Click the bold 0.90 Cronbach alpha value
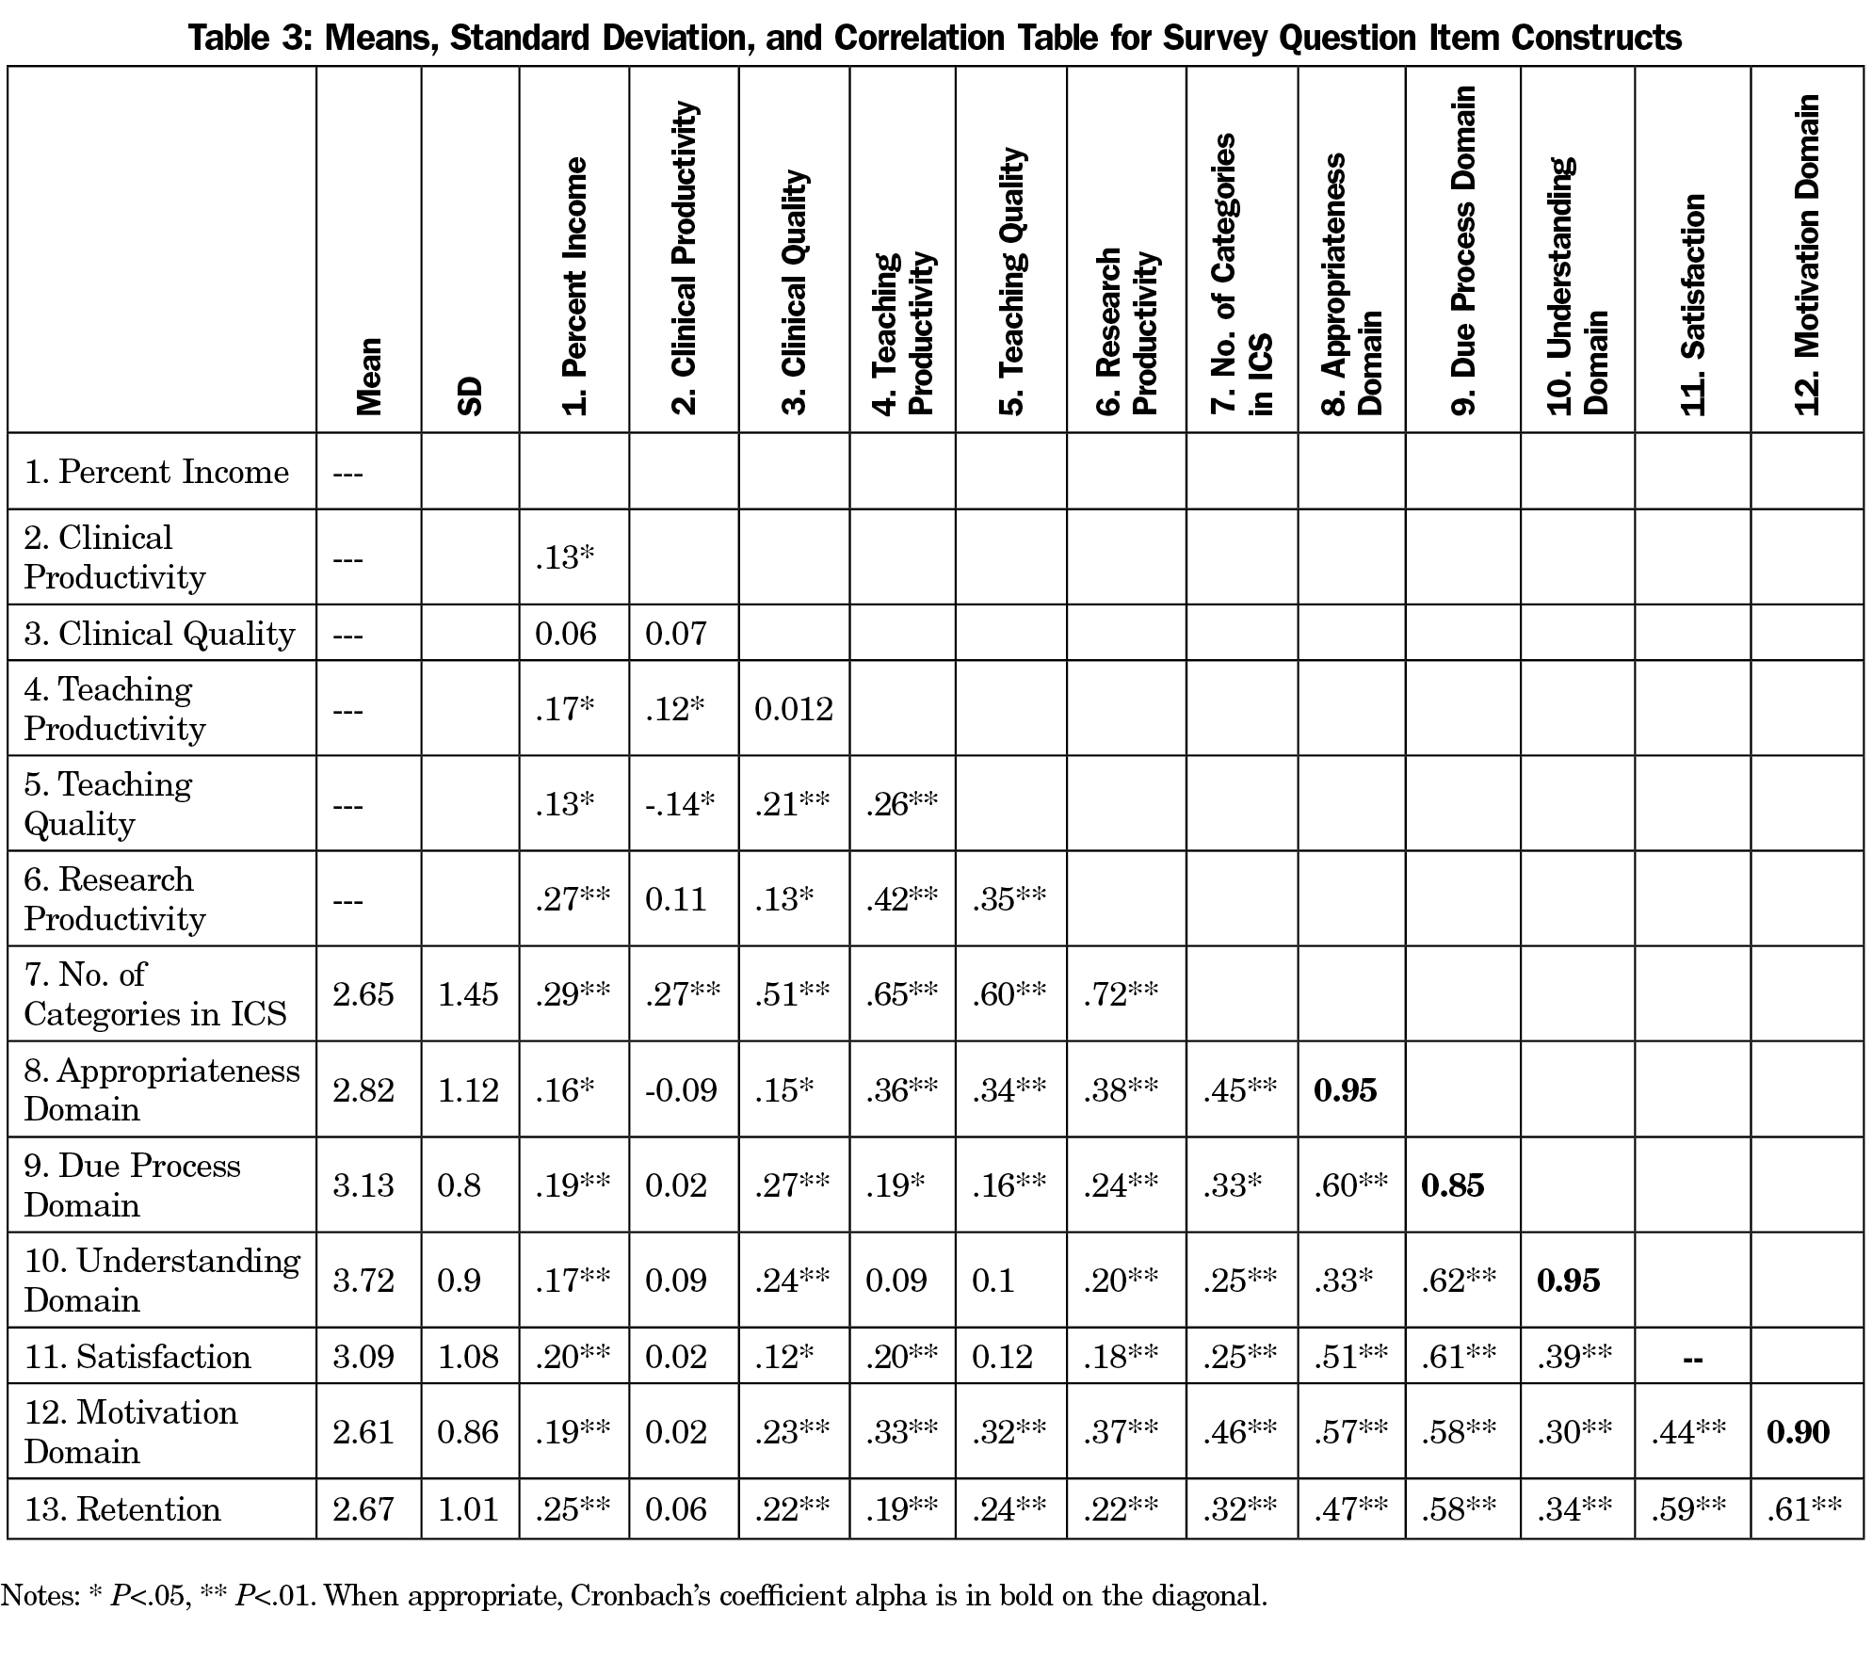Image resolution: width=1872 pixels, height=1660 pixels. [1798, 1432]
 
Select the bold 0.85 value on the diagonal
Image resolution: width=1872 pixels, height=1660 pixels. [1452, 1185]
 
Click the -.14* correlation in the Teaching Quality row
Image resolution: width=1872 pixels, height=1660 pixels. [680, 804]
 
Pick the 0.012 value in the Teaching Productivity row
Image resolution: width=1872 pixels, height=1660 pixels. [794, 709]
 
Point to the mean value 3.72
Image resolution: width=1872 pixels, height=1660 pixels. [363, 1281]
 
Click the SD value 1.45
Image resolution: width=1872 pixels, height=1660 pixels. [468, 994]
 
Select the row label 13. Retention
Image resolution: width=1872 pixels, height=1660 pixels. [122, 1509]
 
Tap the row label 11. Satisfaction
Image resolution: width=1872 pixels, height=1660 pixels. [137, 1357]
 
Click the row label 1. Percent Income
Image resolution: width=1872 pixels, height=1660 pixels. [156, 472]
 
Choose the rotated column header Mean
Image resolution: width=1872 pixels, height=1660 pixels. [368, 376]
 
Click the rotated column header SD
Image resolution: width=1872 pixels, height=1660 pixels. [470, 395]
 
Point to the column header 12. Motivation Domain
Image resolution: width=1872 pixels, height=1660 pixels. [1806, 254]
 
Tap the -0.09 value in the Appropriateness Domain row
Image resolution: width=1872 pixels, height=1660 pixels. [681, 1090]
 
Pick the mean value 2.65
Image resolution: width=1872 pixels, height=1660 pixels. [363, 994]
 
